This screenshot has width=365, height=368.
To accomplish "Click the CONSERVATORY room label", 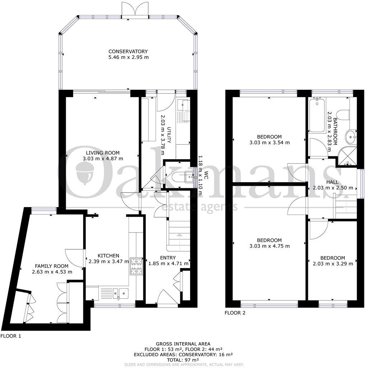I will pyautogui.click(x=128, y=51).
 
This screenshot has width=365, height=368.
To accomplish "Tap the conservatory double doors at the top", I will pyautogui.click(x=135, y=9).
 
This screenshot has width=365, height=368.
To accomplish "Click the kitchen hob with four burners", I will pyautogui.click(x=137, y=266).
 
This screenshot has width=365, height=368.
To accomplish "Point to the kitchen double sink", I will pyautogui.click(x=120, y=293).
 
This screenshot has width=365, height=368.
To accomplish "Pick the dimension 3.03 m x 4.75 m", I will pyautogui.click(x=269, y=246).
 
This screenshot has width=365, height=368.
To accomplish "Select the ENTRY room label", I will pyautogui.click(x=168, y=258).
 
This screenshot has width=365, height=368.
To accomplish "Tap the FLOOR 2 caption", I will pyautogui.click(x=235, y=313).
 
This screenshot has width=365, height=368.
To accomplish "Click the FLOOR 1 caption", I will pyautogui.click(x=11, y=336).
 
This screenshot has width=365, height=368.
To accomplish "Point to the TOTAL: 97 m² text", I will pyautogui.click(x=182, y=359).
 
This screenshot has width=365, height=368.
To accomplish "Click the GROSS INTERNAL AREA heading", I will pyautogui.click(x=182, y=344).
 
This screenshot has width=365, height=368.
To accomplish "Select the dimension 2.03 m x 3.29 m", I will pyautogui.click(x=332, y=263).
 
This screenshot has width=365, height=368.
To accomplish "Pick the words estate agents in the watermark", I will pyautogui.click(x=200, y=207).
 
